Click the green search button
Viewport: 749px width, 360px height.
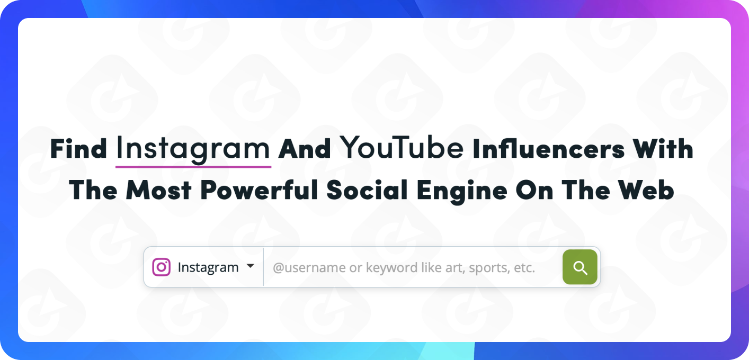point(580,267)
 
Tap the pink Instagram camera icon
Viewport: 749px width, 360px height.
point(161,267)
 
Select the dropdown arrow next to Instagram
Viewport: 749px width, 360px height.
point(251,266)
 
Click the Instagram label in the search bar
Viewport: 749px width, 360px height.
point(208,267)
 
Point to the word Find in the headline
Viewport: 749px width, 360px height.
point(78,148)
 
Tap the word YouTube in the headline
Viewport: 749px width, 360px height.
point(402,147)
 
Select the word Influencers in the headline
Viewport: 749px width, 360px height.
point(548,148)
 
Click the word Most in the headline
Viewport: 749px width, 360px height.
point(158,190)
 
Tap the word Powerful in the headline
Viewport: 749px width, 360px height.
point(259,190)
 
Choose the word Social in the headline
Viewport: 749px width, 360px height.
point(367,190)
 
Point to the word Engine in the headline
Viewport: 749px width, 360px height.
point(462,191)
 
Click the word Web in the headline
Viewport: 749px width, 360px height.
point(646,190)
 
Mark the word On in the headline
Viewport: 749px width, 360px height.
point(534,190)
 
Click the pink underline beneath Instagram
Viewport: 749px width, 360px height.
point(193,166)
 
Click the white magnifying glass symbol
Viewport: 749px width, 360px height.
point(580,268)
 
